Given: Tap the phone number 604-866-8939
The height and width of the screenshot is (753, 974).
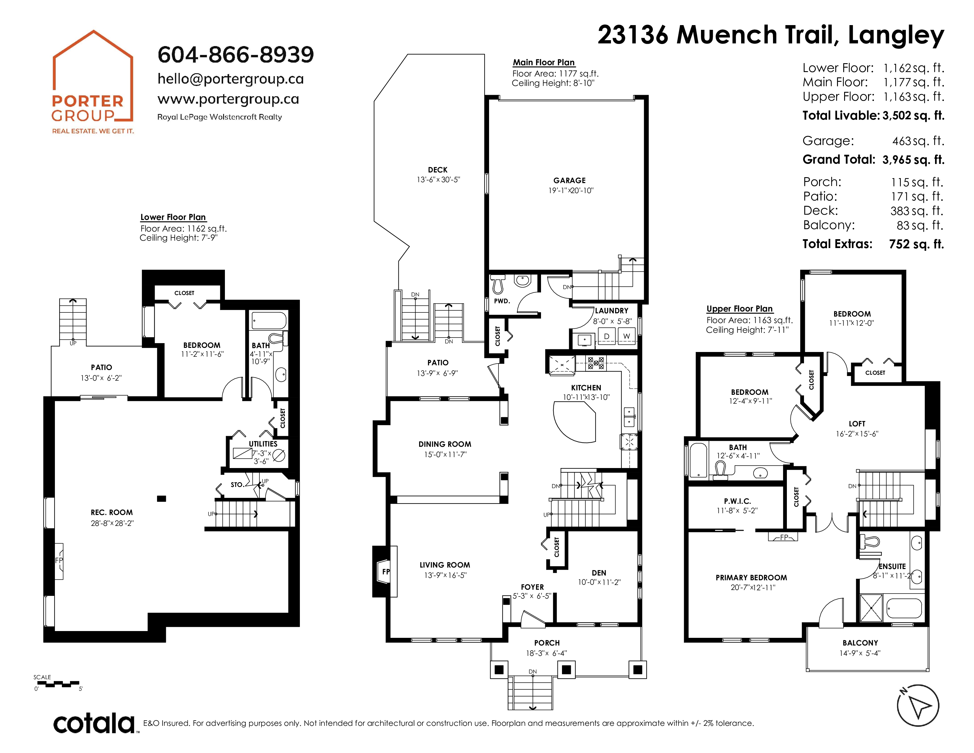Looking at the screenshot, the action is click(236, 54).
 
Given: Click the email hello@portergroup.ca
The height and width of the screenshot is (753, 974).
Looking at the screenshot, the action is click(231, 79).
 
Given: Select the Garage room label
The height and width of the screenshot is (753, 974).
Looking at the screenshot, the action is click(570, 180).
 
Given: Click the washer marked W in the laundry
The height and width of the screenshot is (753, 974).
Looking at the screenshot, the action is click(627, 336).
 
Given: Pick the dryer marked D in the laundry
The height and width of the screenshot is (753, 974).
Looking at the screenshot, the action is click(607, 336).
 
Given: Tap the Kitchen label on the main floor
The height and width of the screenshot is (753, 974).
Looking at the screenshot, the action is click(586, 388).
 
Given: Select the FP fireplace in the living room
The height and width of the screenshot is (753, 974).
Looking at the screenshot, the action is click(385, 571).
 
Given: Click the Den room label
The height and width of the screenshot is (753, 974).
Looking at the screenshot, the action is click(599, 573).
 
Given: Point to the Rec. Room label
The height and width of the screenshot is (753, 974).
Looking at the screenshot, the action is click(112, 513).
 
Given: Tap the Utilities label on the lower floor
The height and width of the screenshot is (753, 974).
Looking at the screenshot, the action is click(263, 444).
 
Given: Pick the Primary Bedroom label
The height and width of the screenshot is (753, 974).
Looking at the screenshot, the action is click(751, 578).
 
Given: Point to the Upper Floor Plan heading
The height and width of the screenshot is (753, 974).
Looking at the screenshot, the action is click(739, 309).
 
